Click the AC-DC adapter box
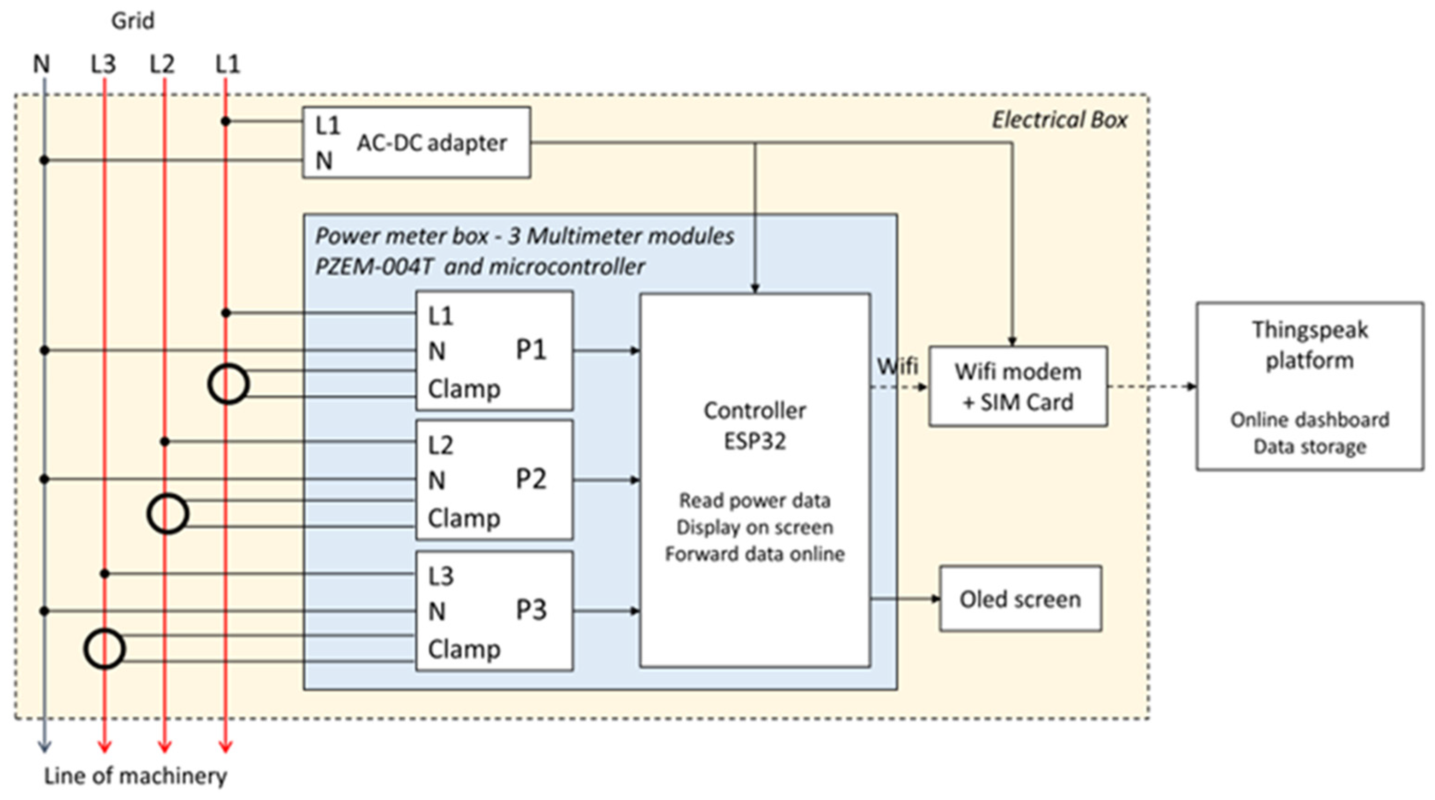click(416, 142)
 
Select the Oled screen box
click(1021, 599)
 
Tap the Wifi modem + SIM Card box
click(1018, 387)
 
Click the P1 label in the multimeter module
click(531, 350)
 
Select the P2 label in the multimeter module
click(531, 479)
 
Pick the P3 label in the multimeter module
click(531, 610)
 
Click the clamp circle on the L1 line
click(209, 384)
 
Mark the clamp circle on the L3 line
click(85, 649)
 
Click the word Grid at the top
click(133, 21)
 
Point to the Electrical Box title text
click(1059, 120)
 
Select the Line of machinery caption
click(136, 776)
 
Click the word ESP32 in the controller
click(755, 441)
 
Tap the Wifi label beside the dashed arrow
click(898, 366)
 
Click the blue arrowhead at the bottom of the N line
click(44, 747)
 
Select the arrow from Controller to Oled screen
click(905, 599)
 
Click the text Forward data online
click(755, 554)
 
